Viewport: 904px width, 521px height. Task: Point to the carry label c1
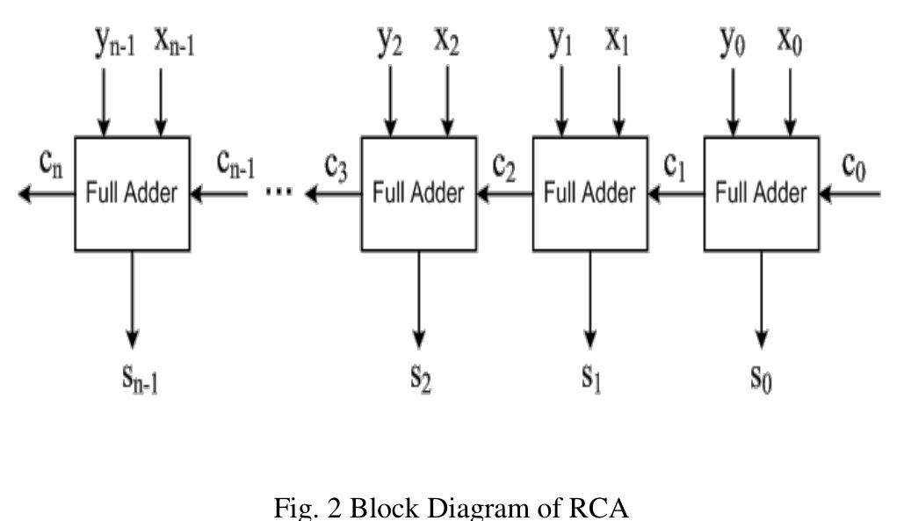pyautogui.click(x=674, y=166)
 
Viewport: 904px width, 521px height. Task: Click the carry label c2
pyautogui.click(x=503, y=166)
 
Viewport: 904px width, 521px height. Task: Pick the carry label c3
pyautogui.click(x=336, y=166)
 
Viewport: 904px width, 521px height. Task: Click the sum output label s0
pyautogui.click(x=761, y=378)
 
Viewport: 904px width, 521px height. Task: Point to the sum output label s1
pyautogui.click(x=590, y=378)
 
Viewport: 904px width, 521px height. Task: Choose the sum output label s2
pyautogui.click(x=420, y=378)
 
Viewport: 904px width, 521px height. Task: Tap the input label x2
pyautogui.click(x=447, y=42)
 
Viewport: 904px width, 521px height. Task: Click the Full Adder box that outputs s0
pyautogui.click(x=761, y=193)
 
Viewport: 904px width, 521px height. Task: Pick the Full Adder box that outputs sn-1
pyautogui.click(x=132, y=193)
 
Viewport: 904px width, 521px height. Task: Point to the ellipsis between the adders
pyautogui.click(x=278, y=193)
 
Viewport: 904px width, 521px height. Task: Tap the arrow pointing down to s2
pyautogui.click(x=420, y=299)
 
